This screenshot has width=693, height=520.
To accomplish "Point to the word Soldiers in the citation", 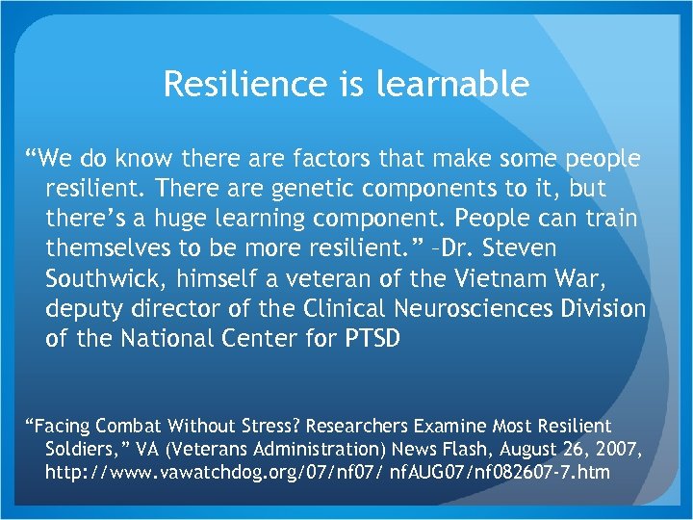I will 81,448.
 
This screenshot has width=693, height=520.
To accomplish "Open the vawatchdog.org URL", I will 327,471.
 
